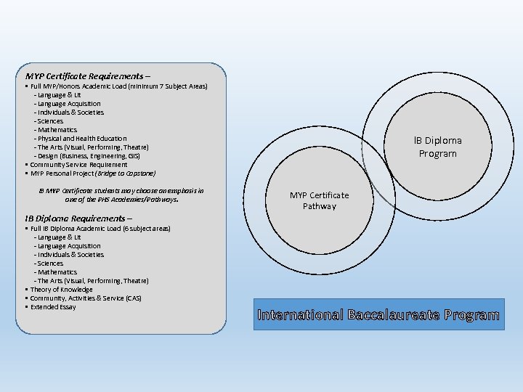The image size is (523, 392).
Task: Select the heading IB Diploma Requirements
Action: pyautogui.click(x=78, y=218)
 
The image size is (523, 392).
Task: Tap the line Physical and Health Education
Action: pyautogui.click(x=80, y=139)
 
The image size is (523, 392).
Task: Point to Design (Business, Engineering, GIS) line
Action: pyautogui.click(x=86, y=156)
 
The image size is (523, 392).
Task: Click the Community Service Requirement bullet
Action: pyautogui.click(x=78, y=165)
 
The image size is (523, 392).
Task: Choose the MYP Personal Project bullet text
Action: pyautogui.click(x=93, y=173)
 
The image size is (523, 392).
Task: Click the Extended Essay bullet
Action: pyautogui.click(x=53, y=307)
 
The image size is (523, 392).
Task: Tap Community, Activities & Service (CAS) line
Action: pyautogui.click(x=86, y=298)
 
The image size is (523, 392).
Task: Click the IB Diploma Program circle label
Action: pyautogui.click(x=438, y=147)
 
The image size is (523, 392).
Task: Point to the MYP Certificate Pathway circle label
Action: pyautogui.click(x=319, y=200)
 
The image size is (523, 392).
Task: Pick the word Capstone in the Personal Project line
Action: pyautogui.click(x=140, y=173)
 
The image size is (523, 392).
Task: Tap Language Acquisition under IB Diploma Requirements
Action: pyautogui.click(x=67, y=246)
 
